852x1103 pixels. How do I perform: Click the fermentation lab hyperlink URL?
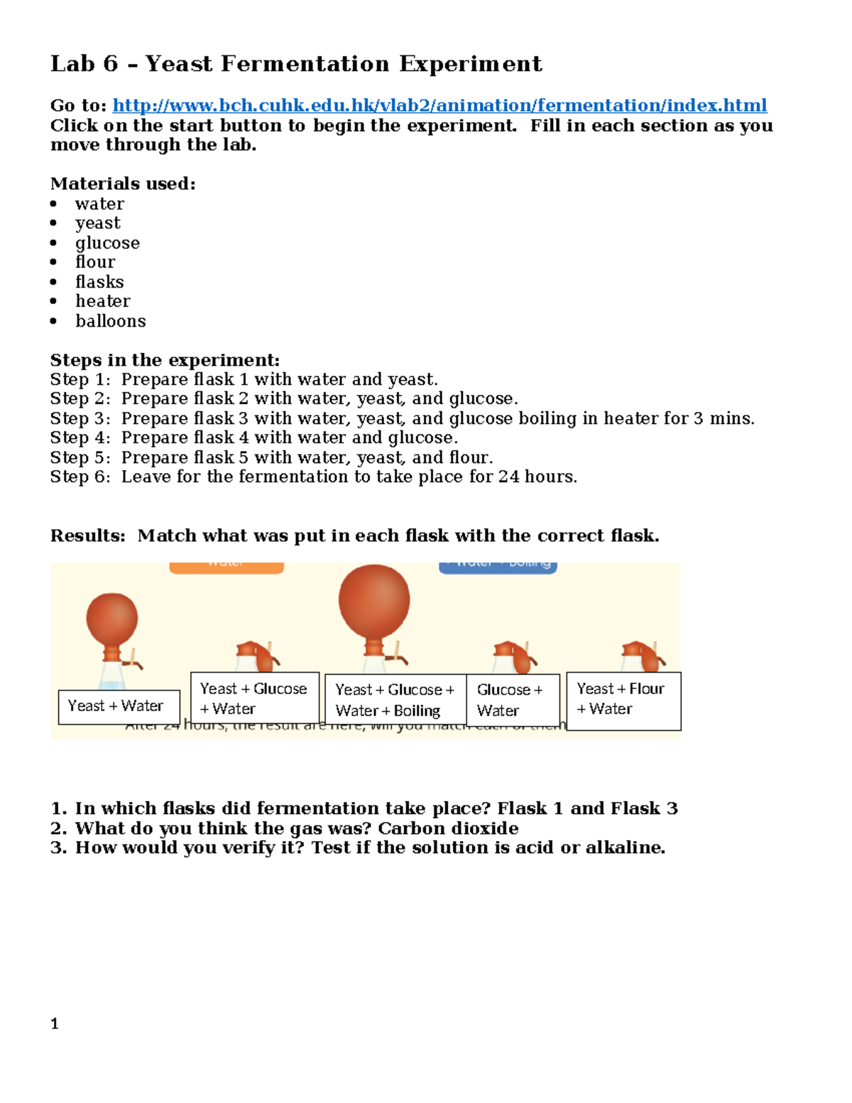click(439, 106)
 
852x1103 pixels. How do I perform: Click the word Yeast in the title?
click(178, 64)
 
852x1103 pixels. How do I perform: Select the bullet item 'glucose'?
click(107, 243)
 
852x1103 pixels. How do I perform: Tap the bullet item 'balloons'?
click(110, 321)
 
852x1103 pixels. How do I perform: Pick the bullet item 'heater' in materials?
click(102, 301)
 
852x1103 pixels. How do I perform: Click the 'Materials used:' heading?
click(123, 184)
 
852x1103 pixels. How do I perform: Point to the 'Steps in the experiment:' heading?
click(165, 360)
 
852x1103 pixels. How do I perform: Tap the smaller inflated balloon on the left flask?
click(112, 619)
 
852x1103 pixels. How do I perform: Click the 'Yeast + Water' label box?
click(119, 707)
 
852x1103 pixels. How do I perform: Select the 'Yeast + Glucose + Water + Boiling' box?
click(395, 700)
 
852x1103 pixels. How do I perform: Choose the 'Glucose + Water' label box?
click(513, 700)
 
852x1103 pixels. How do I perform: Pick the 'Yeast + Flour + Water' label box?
click(623, 700)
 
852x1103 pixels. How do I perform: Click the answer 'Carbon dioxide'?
click(448, 828)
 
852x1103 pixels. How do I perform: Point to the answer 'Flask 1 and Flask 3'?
click(587, 808)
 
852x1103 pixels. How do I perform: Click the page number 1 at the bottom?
click(55, 1023)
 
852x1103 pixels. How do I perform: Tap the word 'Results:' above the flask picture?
click(87, 536)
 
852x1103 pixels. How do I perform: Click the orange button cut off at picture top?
click(226, 567)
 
